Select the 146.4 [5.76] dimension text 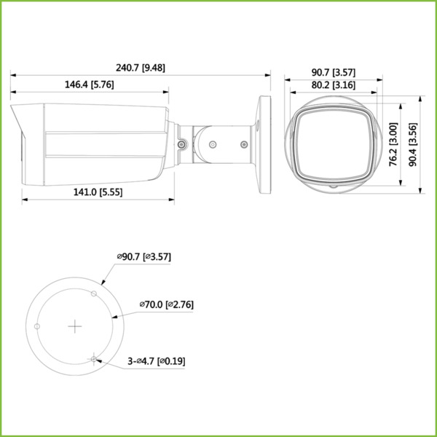(x=89, y=84)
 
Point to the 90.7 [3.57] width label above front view (x=333, y=72)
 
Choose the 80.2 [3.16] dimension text (x=333, y=85)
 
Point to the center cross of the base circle (x=75, y=326)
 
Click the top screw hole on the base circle (x=93, y=294)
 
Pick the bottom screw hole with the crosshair (x=93, y=358)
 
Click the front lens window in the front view (x=332, y=143)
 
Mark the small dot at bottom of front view (x=333, y=186)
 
